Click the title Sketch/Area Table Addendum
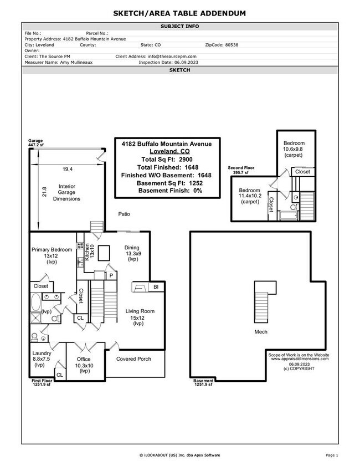pyautogui.click(x=180, y=13)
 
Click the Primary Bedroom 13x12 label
pyautogui.click(x=52, y=253)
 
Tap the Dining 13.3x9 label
pyautogui.click(x=132, y=253)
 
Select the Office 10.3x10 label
pyautogui.click(x=84, y=365)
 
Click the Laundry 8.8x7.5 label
pyautogui.click(x=42, y=359)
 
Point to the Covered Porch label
pyautogui.click(x=133, y=359)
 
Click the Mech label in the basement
pyautogui.click(x=261, y=332)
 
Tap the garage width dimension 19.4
pyautogui.click(x=67, y=168)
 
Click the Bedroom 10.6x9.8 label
pyautogui.click(x=294, y=148)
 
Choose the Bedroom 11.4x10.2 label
pyautogui.click(x=250, y=195)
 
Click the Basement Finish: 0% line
pyautogui.click(x=170, y=191)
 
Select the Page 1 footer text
pyautogui.click(x=332, y=455)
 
